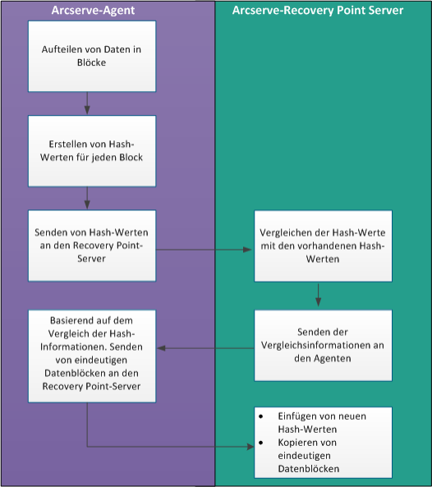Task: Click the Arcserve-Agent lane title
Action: tap(93, 10)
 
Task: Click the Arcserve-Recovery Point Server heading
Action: tap(318, 10)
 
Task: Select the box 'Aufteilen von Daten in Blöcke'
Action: tap(92, 56)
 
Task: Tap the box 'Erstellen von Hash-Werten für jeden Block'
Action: tap(92, 151)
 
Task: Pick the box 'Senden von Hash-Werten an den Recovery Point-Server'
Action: tap(92, 246)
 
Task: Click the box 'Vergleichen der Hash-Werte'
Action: tap(323, 246)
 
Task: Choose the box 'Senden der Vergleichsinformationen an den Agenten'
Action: tap(323, 346)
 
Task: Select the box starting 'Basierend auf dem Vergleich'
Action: tap(92, 356)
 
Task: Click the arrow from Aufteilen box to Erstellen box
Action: tap(87, 103)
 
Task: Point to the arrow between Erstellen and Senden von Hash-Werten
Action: tap(87, 198)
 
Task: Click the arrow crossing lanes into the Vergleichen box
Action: tap(204, 250)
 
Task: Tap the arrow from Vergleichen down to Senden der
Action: tap(319, 295)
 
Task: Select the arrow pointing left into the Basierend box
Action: tap(205, 348)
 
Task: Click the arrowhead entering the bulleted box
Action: tap(250, 447)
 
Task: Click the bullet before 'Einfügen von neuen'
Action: tap(261, 416)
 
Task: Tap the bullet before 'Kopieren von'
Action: tap(261, 443)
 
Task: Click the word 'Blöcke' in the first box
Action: tap(92, 62)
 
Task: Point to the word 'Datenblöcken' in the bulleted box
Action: tap(309, 469)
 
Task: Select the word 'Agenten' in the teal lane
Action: tap(333, 359)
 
